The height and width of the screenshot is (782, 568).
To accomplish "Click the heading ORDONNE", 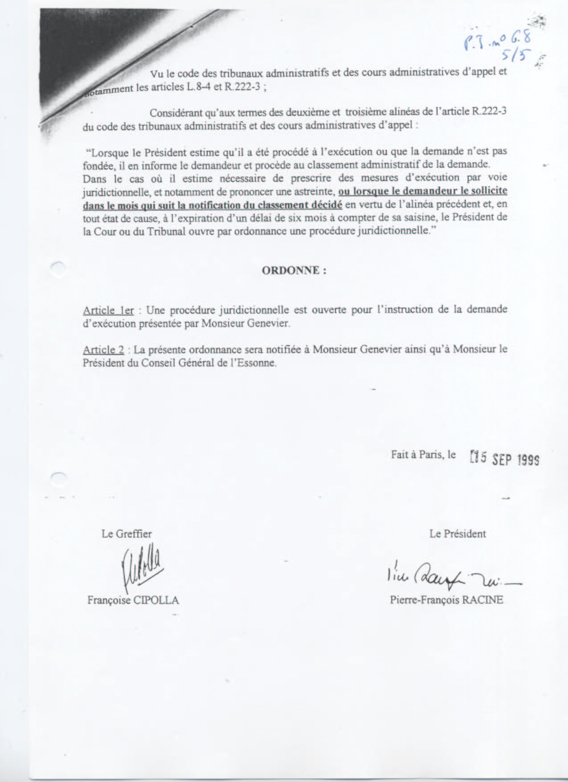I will tap(294, 271).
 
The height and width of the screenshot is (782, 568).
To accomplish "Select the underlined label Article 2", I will tap(103, 349).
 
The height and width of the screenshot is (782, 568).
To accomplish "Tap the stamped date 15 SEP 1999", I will tap(505, 458).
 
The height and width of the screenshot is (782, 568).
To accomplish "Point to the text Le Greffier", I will tap(127, 534).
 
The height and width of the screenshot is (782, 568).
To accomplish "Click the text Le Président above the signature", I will tap(458, 534).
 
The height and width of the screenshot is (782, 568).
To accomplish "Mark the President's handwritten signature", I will tap(450, 577).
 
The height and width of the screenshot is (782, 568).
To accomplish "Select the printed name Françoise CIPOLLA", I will tap(133, 600).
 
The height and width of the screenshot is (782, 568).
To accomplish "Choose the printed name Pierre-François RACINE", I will tap(446, 600).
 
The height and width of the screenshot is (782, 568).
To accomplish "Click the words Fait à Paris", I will tap(418, 454).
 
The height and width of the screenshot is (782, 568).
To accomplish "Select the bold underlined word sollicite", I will tap(488, 191).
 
